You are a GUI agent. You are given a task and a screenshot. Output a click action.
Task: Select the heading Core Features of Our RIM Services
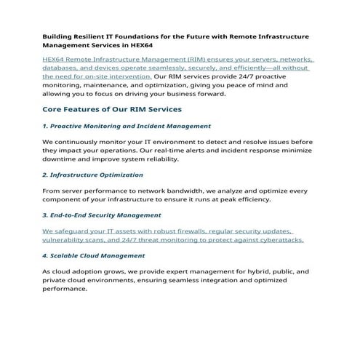(x=112, y=109)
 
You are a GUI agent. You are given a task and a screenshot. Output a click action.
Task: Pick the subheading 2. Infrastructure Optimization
(x=92, y=175)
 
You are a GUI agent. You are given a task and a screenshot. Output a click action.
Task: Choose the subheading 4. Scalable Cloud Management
(x=93, y=255)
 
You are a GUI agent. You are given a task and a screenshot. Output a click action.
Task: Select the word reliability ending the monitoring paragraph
(x=159, y=158)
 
